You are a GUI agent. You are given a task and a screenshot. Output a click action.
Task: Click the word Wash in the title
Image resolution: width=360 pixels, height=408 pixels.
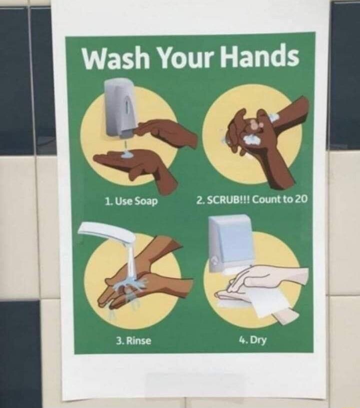coord(116,58)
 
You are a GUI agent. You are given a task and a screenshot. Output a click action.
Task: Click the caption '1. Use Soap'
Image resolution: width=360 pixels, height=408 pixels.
coord(131,201)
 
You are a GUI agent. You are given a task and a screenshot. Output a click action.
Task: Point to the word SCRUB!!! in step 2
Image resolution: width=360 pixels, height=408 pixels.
coord(228,200)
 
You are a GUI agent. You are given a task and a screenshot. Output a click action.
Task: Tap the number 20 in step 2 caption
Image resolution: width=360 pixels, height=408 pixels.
coord(301,199)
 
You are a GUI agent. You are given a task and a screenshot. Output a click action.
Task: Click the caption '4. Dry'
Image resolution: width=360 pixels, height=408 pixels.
coord(252,340)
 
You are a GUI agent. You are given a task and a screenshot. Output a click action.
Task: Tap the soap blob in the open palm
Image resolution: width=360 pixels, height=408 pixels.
coord(127,155)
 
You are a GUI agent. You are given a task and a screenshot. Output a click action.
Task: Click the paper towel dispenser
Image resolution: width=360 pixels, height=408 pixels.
coord(228,243)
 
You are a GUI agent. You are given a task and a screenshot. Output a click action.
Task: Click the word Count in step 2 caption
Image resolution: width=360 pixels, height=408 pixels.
coord(265,200)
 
